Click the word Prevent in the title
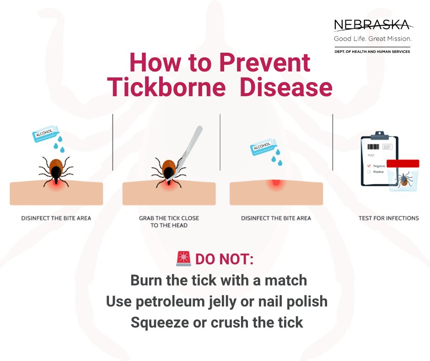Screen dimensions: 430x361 (265, 63)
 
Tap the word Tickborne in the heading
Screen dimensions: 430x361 (166, 87)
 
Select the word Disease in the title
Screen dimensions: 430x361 (286, 87)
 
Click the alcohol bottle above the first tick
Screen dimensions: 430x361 (46, 134)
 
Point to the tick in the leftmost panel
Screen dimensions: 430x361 (56, 171)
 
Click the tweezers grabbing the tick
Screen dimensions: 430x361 (185, 153)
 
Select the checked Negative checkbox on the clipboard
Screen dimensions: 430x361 (369, 166)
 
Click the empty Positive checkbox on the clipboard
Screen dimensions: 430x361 (369, 172)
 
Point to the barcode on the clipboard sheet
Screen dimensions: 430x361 (373, 147)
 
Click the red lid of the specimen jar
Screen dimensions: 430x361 (403, 164)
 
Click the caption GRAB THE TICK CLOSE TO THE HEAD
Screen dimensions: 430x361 (169, 222)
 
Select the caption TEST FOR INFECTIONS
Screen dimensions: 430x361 (388, 218)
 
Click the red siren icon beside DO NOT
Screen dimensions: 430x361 (183, 258)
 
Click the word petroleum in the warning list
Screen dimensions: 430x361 (170, 301)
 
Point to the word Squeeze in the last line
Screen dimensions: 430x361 (159, 323)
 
